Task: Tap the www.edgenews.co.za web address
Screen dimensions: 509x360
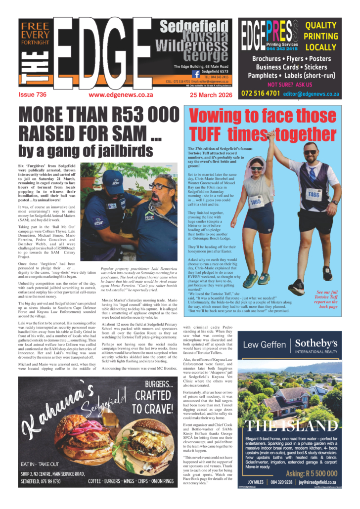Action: coord(121,94)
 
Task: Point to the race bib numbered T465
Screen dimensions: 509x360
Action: coord(256,201)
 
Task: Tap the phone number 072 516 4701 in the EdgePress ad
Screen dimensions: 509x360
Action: coord(261,93)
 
